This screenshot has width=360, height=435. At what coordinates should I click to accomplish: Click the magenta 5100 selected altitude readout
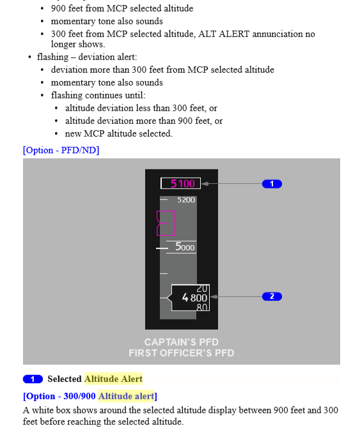[x=182, y=183]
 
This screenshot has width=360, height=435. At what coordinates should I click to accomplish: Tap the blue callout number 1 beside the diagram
[x=272, y=184]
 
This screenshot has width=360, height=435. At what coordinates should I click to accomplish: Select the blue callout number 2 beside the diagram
[x=272, y=296]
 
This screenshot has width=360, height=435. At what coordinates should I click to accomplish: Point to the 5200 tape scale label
[x=186, y=200]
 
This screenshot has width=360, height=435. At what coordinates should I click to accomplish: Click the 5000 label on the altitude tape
[x=185, y=247]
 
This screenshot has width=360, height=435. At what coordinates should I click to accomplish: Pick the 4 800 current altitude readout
[x=194, y=298]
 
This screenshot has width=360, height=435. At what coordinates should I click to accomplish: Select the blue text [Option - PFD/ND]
[x=61, y=150]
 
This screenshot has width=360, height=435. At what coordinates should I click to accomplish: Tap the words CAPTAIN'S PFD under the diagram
[x=182, y=342]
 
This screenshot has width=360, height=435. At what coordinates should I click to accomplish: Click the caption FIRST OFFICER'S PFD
[x=182, y=353]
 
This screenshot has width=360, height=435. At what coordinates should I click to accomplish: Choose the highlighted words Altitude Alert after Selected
[x=113, y=379]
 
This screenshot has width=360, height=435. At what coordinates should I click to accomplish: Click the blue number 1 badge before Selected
[x=33, y=379]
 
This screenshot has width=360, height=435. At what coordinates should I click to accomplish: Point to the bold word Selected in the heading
[x=65, y=379]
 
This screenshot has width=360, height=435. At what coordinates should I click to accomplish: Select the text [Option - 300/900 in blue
[x=59, y=396]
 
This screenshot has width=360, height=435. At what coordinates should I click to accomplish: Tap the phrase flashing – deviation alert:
[x=87, y=57]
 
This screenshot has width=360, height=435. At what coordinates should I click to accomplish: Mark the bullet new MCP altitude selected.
[x=119, y=134]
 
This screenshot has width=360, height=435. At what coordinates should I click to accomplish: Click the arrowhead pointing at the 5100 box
[x=205, y=184]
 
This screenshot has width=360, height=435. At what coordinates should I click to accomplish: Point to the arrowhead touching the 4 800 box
[x=214, y=296]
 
